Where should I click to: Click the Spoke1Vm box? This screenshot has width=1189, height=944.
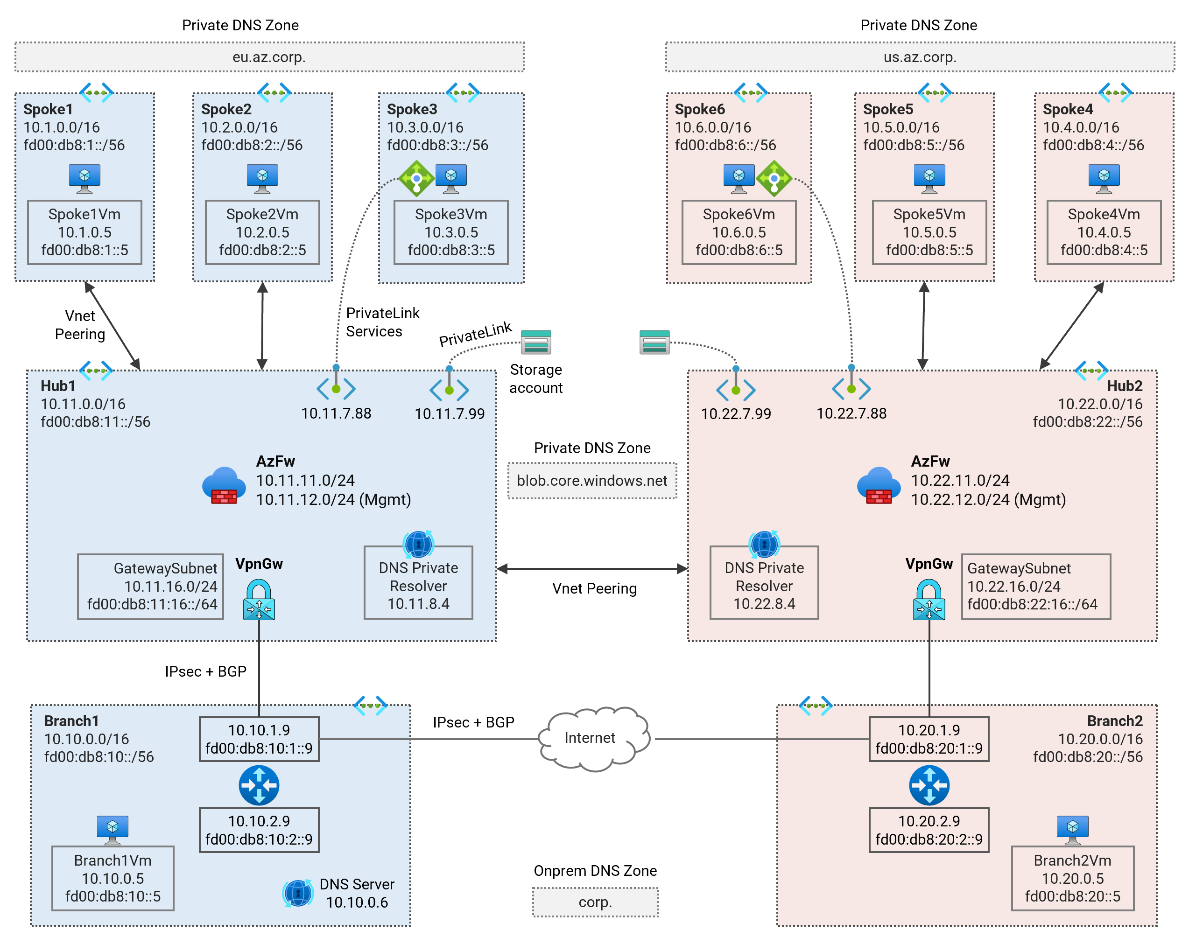pyautogui.click(x=84, y=232)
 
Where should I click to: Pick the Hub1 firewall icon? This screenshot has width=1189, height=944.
pyautogui.click(x=223, y=485)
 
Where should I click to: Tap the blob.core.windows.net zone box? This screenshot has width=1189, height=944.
pyautogui.click(x=592, y=480)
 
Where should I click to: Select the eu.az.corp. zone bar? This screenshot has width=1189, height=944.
pyautogui.click(x=269, y=57)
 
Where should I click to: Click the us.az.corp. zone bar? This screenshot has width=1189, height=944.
pyautogui.click(x=919, y=57)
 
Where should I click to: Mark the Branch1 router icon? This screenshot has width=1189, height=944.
pyautogui.click(x=259, y=785)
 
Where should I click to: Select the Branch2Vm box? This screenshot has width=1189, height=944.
pyautogui.click(x=1072, y=878)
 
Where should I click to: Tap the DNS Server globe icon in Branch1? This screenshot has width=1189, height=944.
pyautogui.click(x=298, y=893)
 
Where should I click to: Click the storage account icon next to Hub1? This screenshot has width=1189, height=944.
pyautogui.click(x=535, y=343)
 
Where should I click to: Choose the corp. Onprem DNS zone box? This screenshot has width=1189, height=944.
pyautogui.click(x=595, y=902)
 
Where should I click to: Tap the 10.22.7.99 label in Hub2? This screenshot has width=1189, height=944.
pyautogui.click(x=736, y=413)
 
